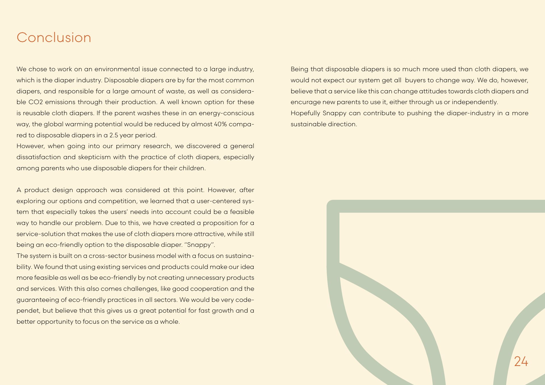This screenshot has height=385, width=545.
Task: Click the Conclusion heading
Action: (x=54, y=37)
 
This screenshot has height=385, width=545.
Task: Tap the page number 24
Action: (x=521, y=361)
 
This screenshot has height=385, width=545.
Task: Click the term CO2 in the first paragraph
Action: (x=35, y=102)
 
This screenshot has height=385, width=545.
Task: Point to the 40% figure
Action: (x=220, y=124)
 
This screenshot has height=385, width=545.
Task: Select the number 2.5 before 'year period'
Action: (x=114, y=135)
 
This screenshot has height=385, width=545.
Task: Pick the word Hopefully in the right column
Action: (x=305, y=113)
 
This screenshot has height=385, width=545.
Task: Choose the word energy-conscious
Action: (x=226, y=113)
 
